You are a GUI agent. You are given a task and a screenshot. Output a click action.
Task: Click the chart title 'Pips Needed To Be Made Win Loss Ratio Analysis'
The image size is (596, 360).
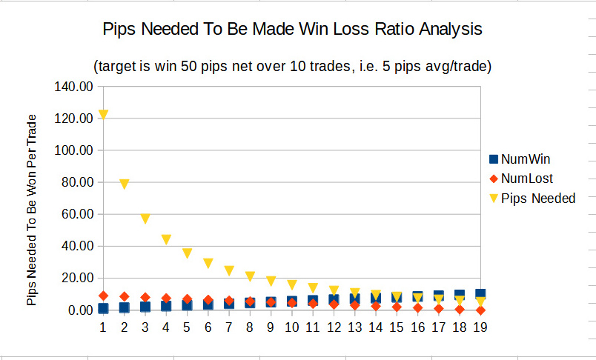292,30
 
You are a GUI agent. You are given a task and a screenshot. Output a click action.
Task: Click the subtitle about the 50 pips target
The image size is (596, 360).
293,66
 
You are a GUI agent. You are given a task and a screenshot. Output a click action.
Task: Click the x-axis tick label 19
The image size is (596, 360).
480,327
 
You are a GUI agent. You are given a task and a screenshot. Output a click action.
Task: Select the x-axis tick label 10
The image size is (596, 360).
292,327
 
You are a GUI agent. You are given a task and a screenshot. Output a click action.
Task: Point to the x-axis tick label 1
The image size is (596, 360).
104,327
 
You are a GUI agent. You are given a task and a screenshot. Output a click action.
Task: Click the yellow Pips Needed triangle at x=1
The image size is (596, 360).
104,115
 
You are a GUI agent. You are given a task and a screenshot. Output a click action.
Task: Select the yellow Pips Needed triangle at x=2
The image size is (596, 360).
125,184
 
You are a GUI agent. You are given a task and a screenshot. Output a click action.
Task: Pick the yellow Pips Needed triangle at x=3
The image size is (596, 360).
145,219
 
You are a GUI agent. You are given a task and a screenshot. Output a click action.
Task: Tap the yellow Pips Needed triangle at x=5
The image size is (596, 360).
188,253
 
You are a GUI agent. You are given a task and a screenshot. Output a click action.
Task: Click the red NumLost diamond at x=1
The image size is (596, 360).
104,296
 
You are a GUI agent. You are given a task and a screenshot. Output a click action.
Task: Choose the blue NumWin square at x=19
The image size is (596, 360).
480,294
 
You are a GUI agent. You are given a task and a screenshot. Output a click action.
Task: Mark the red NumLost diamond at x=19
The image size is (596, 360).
480,310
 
